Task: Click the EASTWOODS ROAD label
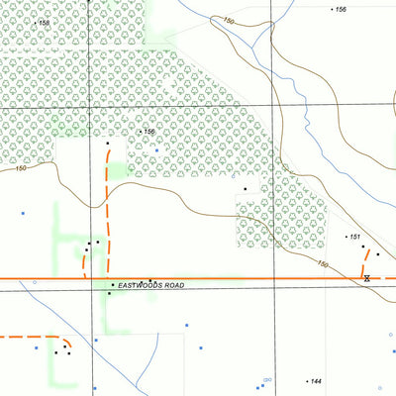pos(151,285)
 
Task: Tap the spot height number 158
pos(44,22)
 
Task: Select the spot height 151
pos(353,237)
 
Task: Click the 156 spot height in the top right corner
pos(342,9)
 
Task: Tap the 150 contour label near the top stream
pos(230,21)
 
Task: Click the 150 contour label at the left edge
pos(22,169)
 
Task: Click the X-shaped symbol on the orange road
pos(366,279)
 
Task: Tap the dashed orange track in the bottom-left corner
pos(30,338)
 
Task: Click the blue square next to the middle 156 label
pos(156,149)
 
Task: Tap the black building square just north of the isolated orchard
pos(245,188)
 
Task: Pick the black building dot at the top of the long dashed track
pos(107,144)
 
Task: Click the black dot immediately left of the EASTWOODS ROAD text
pos(113,285)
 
